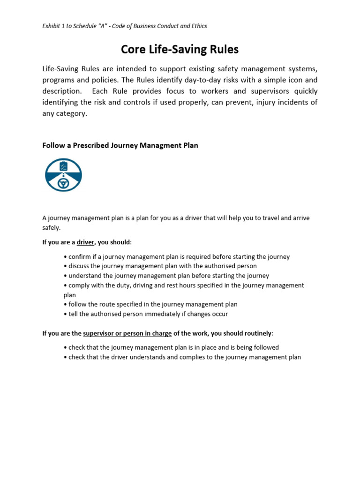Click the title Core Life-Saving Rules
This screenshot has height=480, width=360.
[180, 49]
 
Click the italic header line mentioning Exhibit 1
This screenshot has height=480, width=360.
[125, 26]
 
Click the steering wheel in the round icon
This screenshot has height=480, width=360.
[63, 183]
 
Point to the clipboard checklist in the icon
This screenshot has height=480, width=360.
[63, 166]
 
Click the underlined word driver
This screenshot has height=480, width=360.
[85, 242]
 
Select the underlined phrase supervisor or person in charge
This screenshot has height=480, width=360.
[127, 333]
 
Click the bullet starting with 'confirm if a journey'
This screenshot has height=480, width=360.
[177, 257]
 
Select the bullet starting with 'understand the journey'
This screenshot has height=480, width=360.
[166, 276]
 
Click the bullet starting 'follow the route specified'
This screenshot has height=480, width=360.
[150, 304]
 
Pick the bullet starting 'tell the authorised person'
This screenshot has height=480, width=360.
[146, 314]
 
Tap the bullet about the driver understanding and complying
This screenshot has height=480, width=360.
[182, 357]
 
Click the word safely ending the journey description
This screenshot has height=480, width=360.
[51, 227]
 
